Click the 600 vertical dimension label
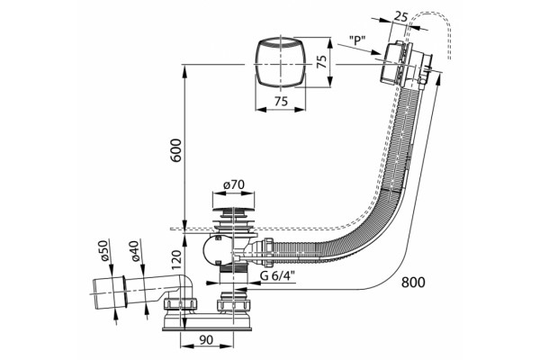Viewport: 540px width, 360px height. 175,150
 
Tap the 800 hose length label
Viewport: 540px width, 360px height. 413,282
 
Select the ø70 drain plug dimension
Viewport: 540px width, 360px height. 233,185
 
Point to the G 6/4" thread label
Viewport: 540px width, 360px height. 274,276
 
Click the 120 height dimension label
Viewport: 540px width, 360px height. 176,260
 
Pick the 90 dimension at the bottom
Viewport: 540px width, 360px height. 206,340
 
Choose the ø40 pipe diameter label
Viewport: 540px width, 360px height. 135,251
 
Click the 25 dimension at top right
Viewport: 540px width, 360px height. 400,17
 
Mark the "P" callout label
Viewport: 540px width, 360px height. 356,40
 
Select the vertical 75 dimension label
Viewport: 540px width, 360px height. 321,62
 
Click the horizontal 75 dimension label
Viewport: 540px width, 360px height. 281,102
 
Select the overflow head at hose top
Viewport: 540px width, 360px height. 406,65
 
